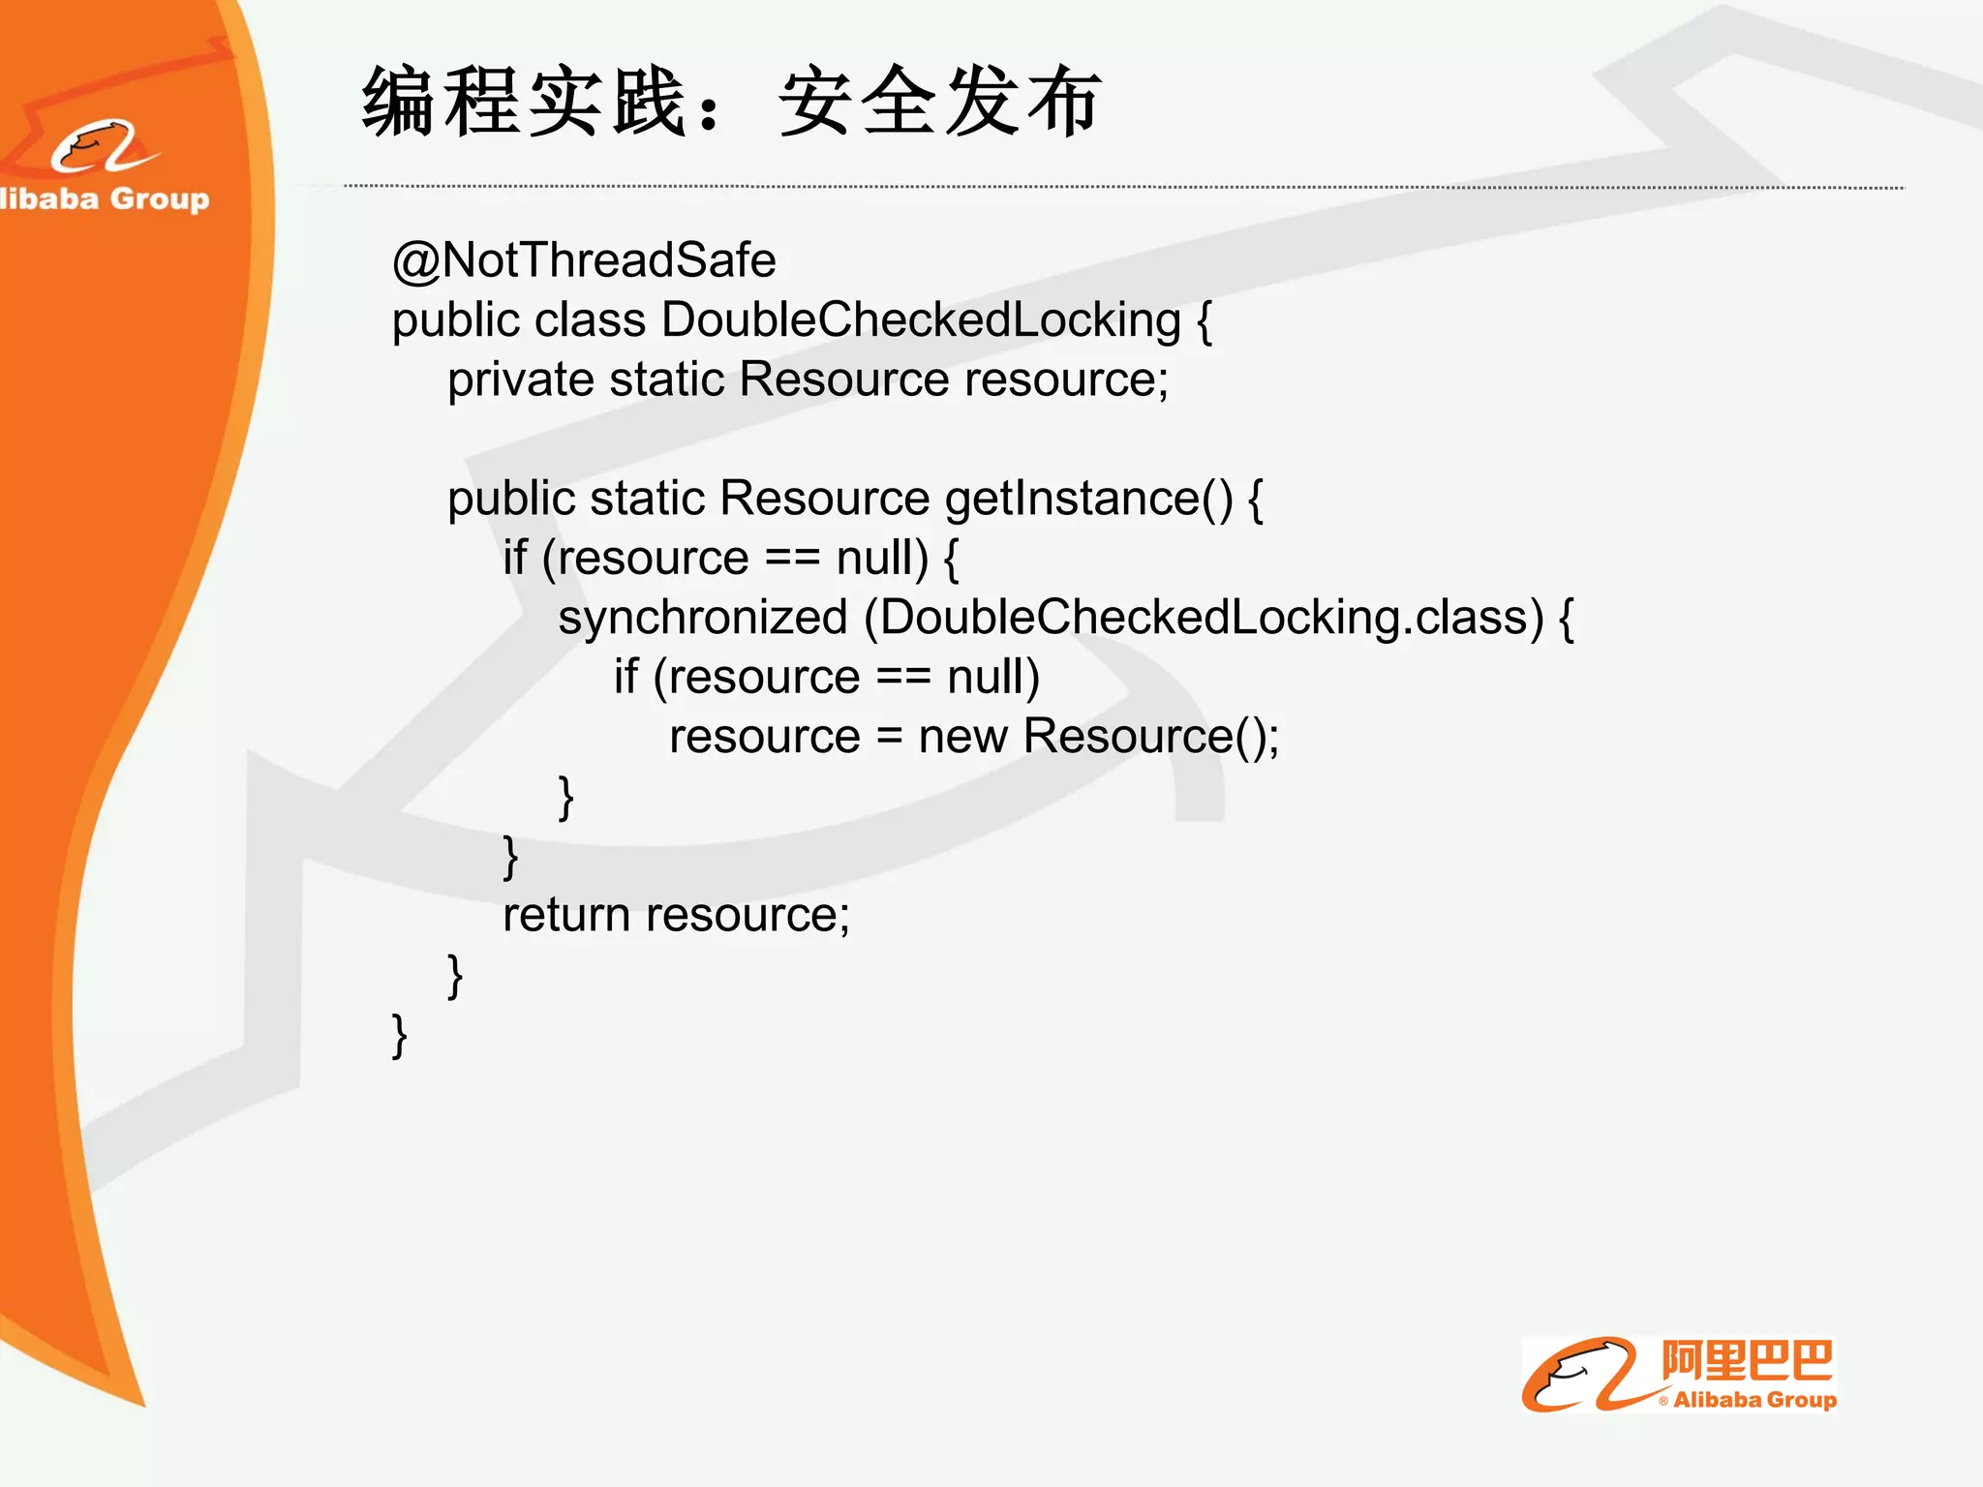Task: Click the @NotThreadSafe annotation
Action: click(x=584, y=260)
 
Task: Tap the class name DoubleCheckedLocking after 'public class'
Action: click(x=921, y=320)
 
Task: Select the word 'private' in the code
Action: click(x=520, y=379)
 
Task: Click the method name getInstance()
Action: click(x=1088, y=500)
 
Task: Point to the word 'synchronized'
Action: click(x=703, y=618)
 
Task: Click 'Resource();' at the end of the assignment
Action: click(x=1151, y=737)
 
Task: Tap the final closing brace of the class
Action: click(x=399, y=1036)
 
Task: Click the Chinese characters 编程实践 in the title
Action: click(x=524, y=103)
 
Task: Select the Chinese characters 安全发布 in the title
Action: click(x=939, y=103)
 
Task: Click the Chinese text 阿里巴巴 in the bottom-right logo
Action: click(x=1747, y=1361)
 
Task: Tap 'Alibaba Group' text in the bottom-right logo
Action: click(x=1754, y=1400)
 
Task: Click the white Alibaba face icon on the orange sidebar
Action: click(x=102, y=147)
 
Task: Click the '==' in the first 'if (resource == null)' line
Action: click(x=792, y=559)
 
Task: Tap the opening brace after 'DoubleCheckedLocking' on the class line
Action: click(x=1204, y=320)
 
